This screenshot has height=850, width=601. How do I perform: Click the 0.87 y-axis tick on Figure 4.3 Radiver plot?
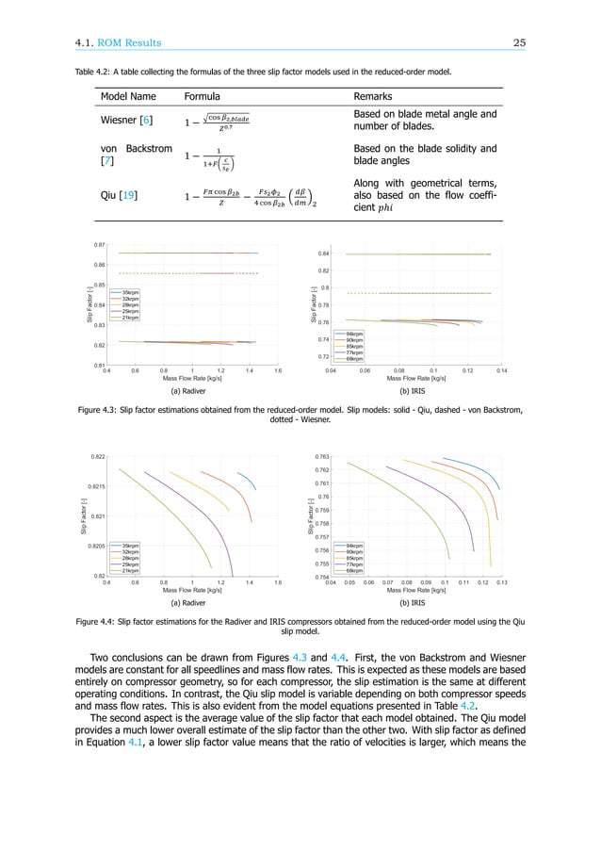coord(99,244)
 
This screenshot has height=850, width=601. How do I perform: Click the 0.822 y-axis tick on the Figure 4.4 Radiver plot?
coord(96,456)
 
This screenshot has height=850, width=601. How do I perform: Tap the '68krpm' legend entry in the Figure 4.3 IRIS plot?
coord(357,359)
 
